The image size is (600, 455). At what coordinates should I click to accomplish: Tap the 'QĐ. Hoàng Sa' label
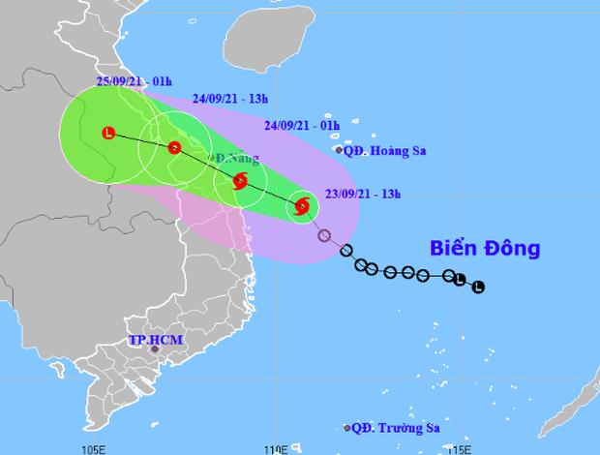[386, 150]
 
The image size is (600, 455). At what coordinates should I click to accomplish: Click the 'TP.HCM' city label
[156, 340]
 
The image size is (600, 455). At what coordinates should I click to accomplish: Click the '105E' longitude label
[93, 448]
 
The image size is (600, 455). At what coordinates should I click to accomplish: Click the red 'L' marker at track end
[108, 134]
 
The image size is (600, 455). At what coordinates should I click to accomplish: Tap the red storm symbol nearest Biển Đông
[302, 205]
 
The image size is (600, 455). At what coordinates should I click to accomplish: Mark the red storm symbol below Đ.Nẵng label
[239, 180]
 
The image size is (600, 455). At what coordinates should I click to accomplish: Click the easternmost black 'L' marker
[478, 287]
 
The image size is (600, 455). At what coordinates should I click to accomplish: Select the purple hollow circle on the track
[324, 235]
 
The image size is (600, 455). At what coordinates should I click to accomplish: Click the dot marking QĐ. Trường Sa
[347, 428]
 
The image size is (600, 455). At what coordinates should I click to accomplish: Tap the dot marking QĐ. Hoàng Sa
[339, 150]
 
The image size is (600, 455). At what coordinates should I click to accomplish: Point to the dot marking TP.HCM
[154, 349]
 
